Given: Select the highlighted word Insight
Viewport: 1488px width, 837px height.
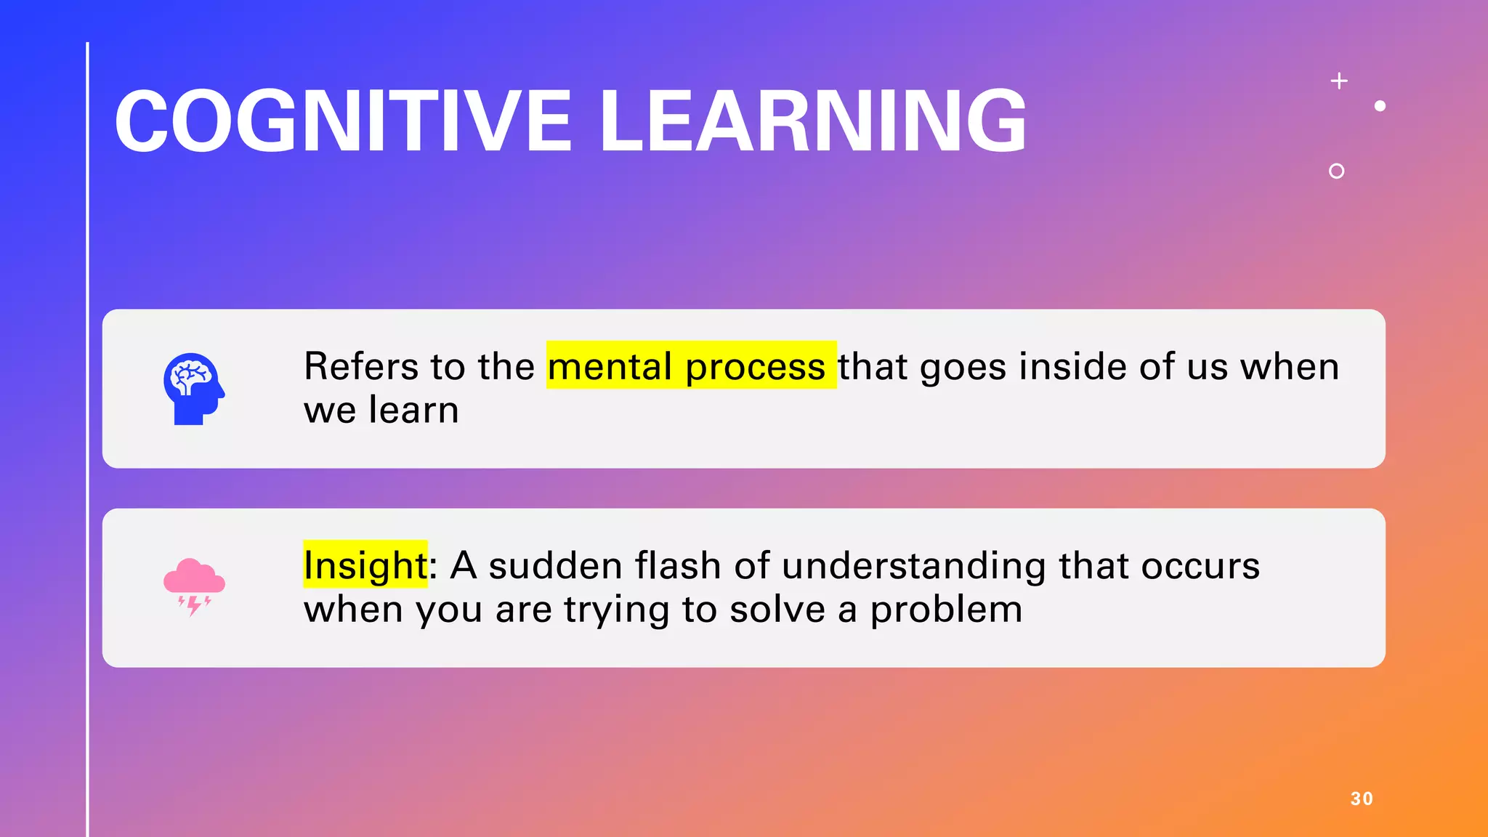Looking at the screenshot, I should click(x=365, y=566).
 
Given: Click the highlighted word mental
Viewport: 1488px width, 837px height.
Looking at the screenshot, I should click(x=609, y=366).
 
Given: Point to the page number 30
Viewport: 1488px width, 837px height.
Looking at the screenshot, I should click(x=1362, y=798).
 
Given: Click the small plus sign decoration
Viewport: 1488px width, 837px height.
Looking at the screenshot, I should click(x=1339, y=81).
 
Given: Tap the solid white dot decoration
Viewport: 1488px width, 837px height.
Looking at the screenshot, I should click(x=1380, y=106).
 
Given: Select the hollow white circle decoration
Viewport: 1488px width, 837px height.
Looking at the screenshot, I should click(x=1336, y=171).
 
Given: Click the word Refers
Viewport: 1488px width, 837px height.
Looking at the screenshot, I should click(x=360, y=365).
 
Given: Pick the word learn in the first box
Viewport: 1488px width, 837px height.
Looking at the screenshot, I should click(x=413, y=410).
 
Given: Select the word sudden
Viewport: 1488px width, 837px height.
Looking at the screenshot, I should click(x=554, y=565).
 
